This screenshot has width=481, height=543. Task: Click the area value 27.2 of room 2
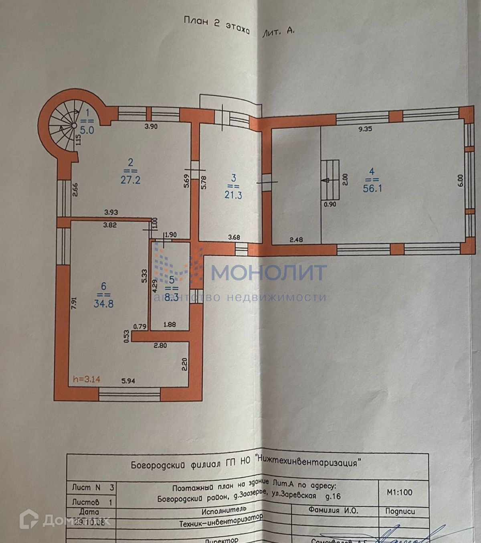[x=130, y=180]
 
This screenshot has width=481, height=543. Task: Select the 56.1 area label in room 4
[x=372, y=188]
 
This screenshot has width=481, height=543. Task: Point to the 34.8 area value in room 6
[x=103, y=304]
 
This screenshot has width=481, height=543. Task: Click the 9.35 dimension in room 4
[x=365, y=129]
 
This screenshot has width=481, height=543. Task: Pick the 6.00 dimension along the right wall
[x=461, y=180]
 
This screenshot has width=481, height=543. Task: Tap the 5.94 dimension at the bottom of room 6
[x=128, y=381]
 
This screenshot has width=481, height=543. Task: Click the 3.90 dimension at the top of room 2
[x=151, y=127]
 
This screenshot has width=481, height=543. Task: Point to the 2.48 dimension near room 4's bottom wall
[x=296, y=240]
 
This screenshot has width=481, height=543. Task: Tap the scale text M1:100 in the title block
[x=399, y=492]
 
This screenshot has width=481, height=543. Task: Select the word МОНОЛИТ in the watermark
[x=269, y=273]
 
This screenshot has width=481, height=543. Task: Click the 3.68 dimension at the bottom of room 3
[x=234, y=237]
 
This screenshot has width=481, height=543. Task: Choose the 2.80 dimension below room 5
[x=160, y=345]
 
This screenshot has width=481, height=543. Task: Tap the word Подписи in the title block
[x=400, y=511]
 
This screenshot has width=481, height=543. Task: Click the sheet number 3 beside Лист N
[x=112, y=488]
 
